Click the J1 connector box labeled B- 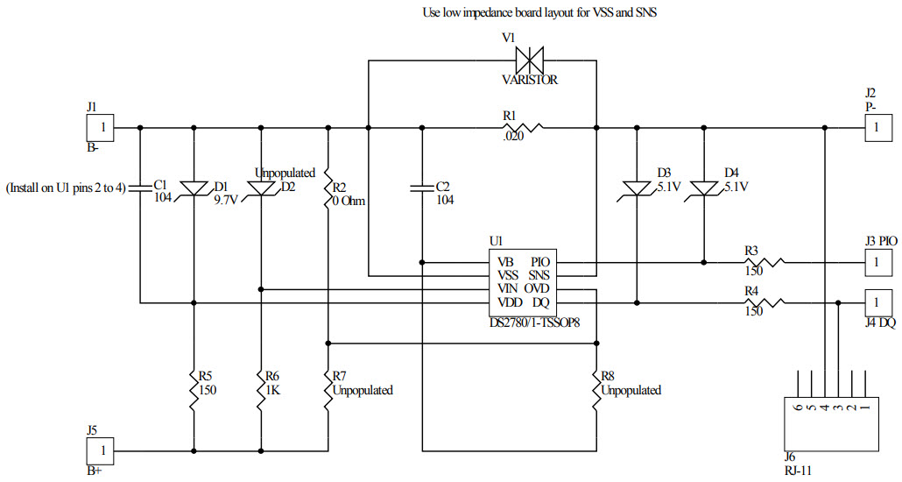tap(102, 128)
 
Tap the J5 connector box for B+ tap(102, 450)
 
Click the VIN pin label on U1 tap(506, 288)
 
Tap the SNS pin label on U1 tap(539, 275)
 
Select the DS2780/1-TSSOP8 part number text tap(534, 323)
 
